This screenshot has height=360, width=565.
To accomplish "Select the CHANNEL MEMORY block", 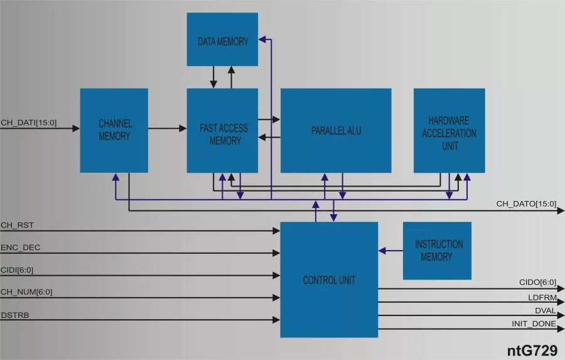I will [114, 130].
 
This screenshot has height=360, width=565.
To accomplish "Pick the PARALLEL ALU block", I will [336, 130].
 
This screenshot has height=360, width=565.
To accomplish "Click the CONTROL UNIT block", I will [329, 280].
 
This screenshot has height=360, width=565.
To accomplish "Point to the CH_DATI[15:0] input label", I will [29, 123].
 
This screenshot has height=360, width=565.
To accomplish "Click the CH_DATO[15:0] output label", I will [526, 204].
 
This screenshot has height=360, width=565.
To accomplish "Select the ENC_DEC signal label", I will [21, 248].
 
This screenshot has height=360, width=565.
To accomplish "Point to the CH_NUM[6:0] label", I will [27, 292].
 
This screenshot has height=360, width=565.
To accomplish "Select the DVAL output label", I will [544, 310].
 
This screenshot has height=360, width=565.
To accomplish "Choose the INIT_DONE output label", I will [534, 324].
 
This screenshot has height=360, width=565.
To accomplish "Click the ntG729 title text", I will [532, 351].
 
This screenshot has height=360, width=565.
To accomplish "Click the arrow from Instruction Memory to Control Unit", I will [390, 251].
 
